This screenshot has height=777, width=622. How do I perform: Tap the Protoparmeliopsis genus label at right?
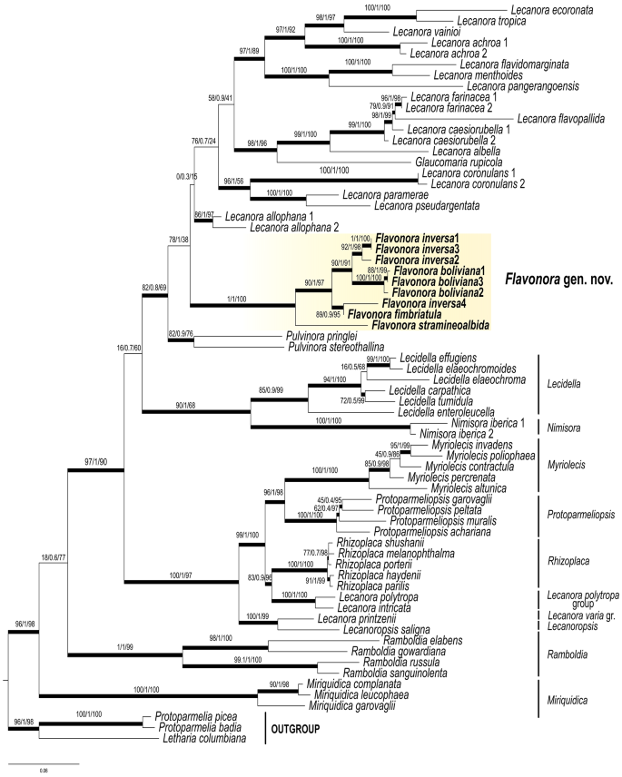(581, 515)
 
